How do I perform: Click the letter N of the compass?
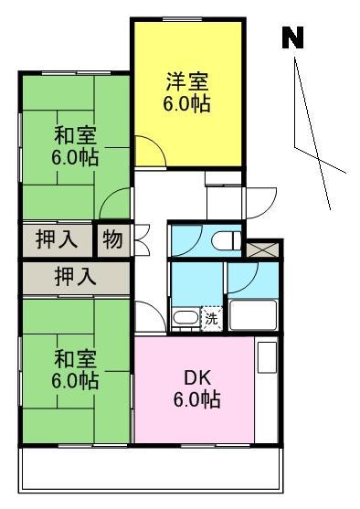292,37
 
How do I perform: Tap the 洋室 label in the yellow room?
187,81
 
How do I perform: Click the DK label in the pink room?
197,377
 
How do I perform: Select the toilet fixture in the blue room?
227,240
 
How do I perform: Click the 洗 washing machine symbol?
211,319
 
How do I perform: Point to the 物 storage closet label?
112,239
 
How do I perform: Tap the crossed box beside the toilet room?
262,249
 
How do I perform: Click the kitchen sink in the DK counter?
267,356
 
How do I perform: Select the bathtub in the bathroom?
252,315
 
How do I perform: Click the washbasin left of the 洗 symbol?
185,318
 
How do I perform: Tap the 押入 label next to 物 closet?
57,239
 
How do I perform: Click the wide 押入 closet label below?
75,277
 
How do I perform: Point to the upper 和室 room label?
75,136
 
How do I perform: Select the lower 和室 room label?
75,358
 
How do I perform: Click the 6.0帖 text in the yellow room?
186,103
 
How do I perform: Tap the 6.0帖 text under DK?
197,399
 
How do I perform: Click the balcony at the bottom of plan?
151,469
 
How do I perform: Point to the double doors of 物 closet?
142,239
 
